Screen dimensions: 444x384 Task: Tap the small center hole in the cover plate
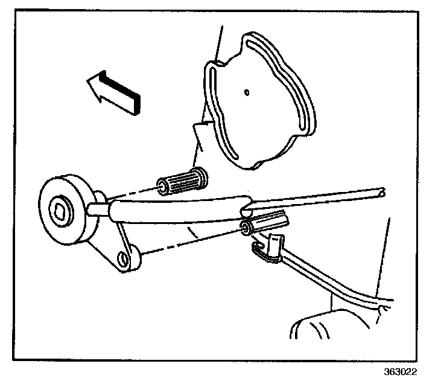(x=246, y=92)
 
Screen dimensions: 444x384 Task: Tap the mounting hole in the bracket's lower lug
(x=124, y=258)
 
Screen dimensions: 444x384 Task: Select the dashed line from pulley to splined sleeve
(x=130, y=193)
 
